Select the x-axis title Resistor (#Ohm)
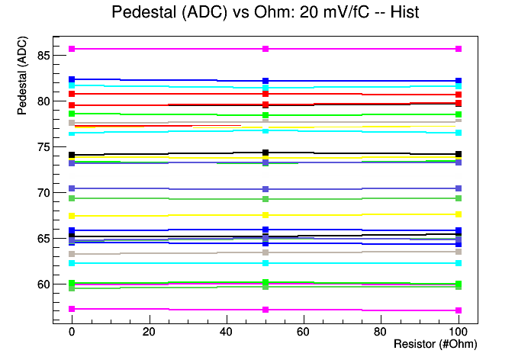pyautogui.click(x=435, y=344)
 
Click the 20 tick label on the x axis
pyautogui.click(x=149, y=333)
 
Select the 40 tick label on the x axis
pyautogui.click(x=227, y=333)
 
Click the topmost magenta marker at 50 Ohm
pyautogui.click(x=265, y=49)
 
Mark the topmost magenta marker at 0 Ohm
pyautogui.click(x=72, y=49)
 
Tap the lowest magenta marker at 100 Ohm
pyautogui.click(x=459, y=310)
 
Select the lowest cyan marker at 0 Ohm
pyautogui.click(x=72, y=263)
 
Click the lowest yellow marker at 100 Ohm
pyautogui.click(x=459, y=215)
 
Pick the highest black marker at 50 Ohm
pyautogui.click(x=265, y=153)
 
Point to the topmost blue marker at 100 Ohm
pyautogui.click(x=459, y=81)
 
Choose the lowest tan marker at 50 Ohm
pyautogui.click(x=265, y=252)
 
